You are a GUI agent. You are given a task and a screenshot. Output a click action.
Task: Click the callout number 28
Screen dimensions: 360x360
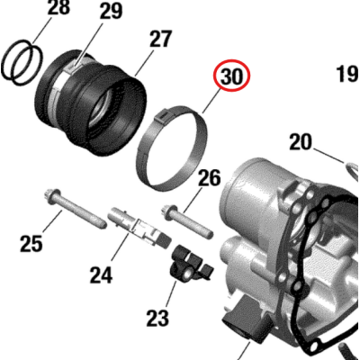click(x=58, y=7)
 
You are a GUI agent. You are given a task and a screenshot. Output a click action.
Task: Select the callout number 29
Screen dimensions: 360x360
click(x=111, y=12)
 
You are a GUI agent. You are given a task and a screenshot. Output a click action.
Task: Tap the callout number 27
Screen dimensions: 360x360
click(x=160, y=39)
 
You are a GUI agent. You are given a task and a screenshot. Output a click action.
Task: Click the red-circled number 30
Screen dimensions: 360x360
click(x=231, y=76)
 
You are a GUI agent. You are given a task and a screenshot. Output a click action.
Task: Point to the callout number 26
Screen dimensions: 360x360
click(x=209, y=177)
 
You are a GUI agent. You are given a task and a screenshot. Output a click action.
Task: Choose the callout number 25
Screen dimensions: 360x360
click(x=31, y=243)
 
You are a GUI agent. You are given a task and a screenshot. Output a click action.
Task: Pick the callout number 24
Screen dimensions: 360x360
click(x=101, y=274)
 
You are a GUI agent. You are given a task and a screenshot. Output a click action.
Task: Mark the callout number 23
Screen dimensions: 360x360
click(x=157, y=318)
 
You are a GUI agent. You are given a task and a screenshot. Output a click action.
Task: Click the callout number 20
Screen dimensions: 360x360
click(x=301, y=142)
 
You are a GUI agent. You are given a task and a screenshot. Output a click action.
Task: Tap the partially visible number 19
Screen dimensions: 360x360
click(x=347, y=74)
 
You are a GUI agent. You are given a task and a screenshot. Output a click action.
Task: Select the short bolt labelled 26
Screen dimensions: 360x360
click(x=189, y=220)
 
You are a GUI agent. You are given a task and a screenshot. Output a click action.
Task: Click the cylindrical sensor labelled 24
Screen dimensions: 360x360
click(x=139, y=227)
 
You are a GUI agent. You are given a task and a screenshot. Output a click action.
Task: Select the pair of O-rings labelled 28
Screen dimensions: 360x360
click(x=22, y=61)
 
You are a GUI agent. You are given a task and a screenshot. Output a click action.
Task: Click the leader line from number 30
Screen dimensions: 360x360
click(x=211, y=103)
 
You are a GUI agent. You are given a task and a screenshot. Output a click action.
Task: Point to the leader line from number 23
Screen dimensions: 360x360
click(x=170, y=294)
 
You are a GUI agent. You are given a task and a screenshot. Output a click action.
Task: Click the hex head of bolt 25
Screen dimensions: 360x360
click(x=51, y=194)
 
